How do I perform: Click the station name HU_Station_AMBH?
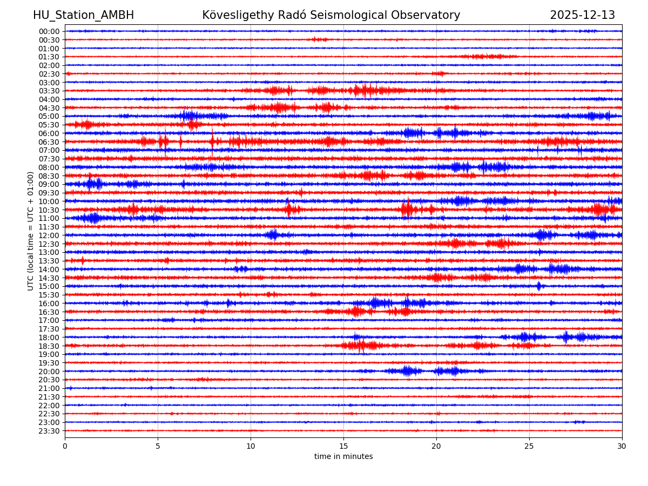point(83,16)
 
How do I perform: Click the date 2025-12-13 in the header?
point(582,16)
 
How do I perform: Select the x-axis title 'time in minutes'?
point(343,457)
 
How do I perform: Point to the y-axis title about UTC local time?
point(31,231)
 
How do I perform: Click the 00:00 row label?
point(49,31)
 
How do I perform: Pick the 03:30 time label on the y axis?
point(49,91)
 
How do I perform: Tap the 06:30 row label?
point(49,142)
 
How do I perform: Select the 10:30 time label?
point(49,210)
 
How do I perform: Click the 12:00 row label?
point(49,235)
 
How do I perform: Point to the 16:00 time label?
point(49,303)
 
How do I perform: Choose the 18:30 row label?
point(49,346)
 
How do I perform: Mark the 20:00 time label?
point(49,372)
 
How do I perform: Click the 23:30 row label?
point(49,431)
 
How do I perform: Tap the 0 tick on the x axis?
point(65,446)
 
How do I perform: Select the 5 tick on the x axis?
point(158,446)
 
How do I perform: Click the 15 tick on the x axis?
point(343,446)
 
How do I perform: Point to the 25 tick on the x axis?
point(529,446)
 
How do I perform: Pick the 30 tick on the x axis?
point(622,446)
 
